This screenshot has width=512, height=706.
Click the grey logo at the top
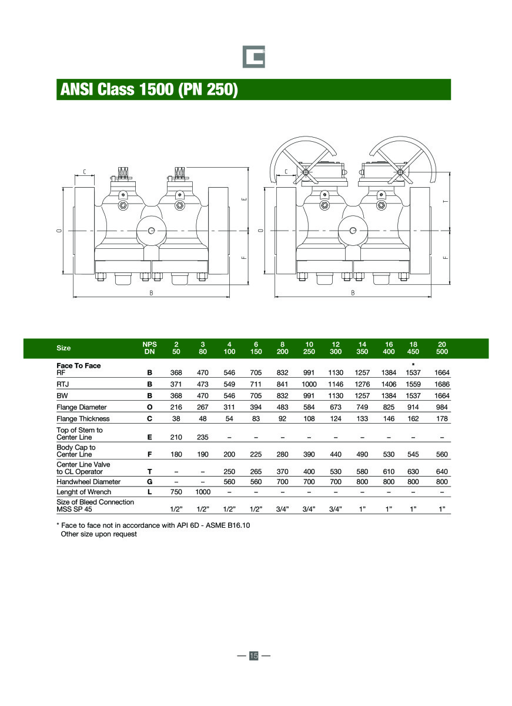tap(254, 56)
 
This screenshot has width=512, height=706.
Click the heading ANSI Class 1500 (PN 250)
tap(149, 90)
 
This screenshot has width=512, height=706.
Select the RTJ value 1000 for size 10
tap(309, 384)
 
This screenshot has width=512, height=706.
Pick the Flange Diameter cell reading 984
tap(442, 407)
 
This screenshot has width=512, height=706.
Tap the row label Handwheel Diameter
tap(88, 481)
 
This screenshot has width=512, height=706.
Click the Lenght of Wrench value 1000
tap(202, 492)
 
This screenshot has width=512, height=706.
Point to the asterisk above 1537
tap(413, 365)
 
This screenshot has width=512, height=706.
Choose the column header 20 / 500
tap(442, 348)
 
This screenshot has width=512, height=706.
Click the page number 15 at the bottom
tap(254, 655)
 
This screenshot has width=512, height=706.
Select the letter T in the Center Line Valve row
tap(149, 471)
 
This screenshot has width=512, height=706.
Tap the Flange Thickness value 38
tap(176, 419)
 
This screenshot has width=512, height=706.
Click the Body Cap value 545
tap(413, 454)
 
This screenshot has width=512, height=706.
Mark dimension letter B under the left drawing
tap(151, 293)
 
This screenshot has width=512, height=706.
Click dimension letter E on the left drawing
tap(244, 199)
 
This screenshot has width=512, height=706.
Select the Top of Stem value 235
tap(202, 437)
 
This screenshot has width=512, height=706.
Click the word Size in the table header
tap(63, 348)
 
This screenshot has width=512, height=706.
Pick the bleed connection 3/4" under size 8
tap(282, 509)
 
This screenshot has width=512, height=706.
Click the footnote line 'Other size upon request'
tap(99, 534)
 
